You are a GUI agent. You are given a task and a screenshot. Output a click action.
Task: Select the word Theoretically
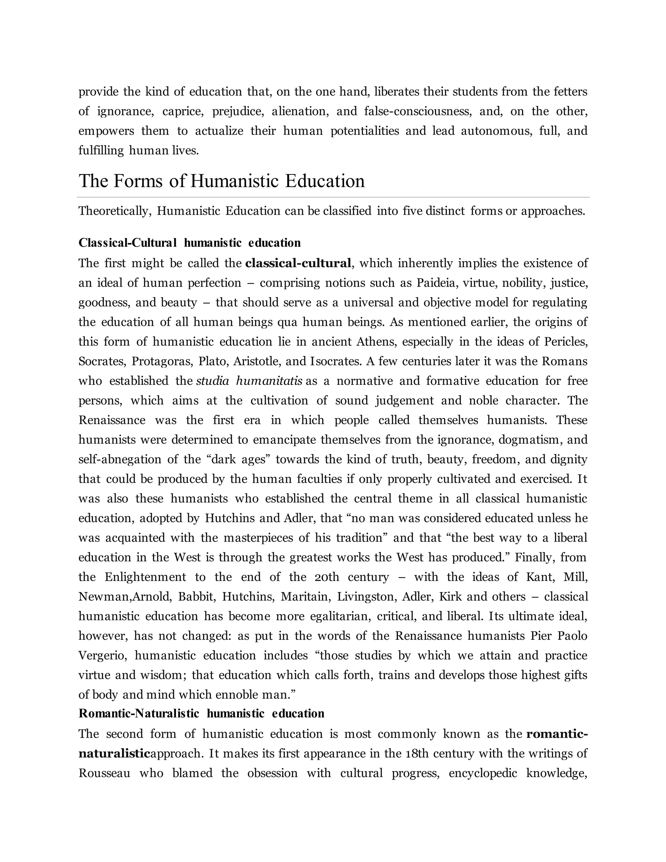(x=115, y=211)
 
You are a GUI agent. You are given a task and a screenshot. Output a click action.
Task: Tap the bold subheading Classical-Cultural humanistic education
(x=189, y=243)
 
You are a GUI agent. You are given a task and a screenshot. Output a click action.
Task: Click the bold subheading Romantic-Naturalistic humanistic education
(x=201, y=714)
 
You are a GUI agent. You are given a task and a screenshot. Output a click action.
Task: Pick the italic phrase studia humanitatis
(x=249, y=381)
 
